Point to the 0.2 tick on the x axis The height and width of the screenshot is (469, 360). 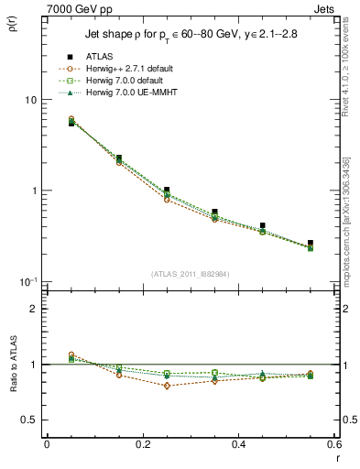142,444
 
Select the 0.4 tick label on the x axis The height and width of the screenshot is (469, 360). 238,444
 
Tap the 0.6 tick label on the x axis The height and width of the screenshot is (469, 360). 333,444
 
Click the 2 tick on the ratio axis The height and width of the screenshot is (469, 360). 33,309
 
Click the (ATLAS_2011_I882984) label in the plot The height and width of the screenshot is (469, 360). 190,274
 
